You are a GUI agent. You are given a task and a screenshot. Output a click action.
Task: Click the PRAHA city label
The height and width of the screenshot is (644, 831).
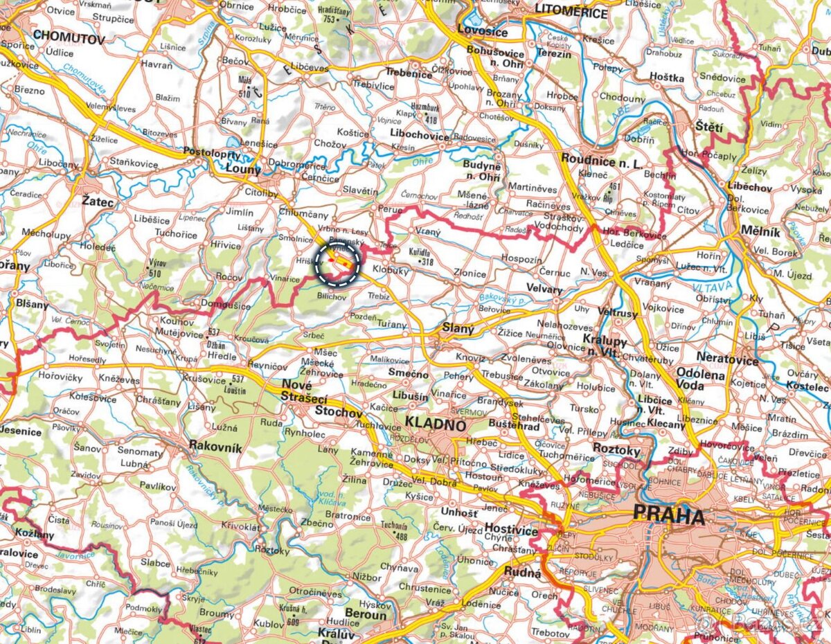668,517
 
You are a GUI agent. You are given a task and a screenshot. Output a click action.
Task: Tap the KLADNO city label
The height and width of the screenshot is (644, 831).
436,424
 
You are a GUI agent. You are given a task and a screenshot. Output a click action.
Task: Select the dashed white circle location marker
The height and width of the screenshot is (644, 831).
338,263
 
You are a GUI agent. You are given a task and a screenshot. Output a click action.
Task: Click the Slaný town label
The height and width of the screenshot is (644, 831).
458,330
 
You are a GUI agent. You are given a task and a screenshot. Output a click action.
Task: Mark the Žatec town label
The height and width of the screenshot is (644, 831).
98,202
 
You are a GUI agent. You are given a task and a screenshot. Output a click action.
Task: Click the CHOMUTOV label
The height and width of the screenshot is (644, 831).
69,39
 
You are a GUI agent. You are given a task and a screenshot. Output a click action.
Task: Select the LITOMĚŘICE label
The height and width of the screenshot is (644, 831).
571,13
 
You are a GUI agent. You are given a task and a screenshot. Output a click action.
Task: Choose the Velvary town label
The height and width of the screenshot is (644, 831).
544,289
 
